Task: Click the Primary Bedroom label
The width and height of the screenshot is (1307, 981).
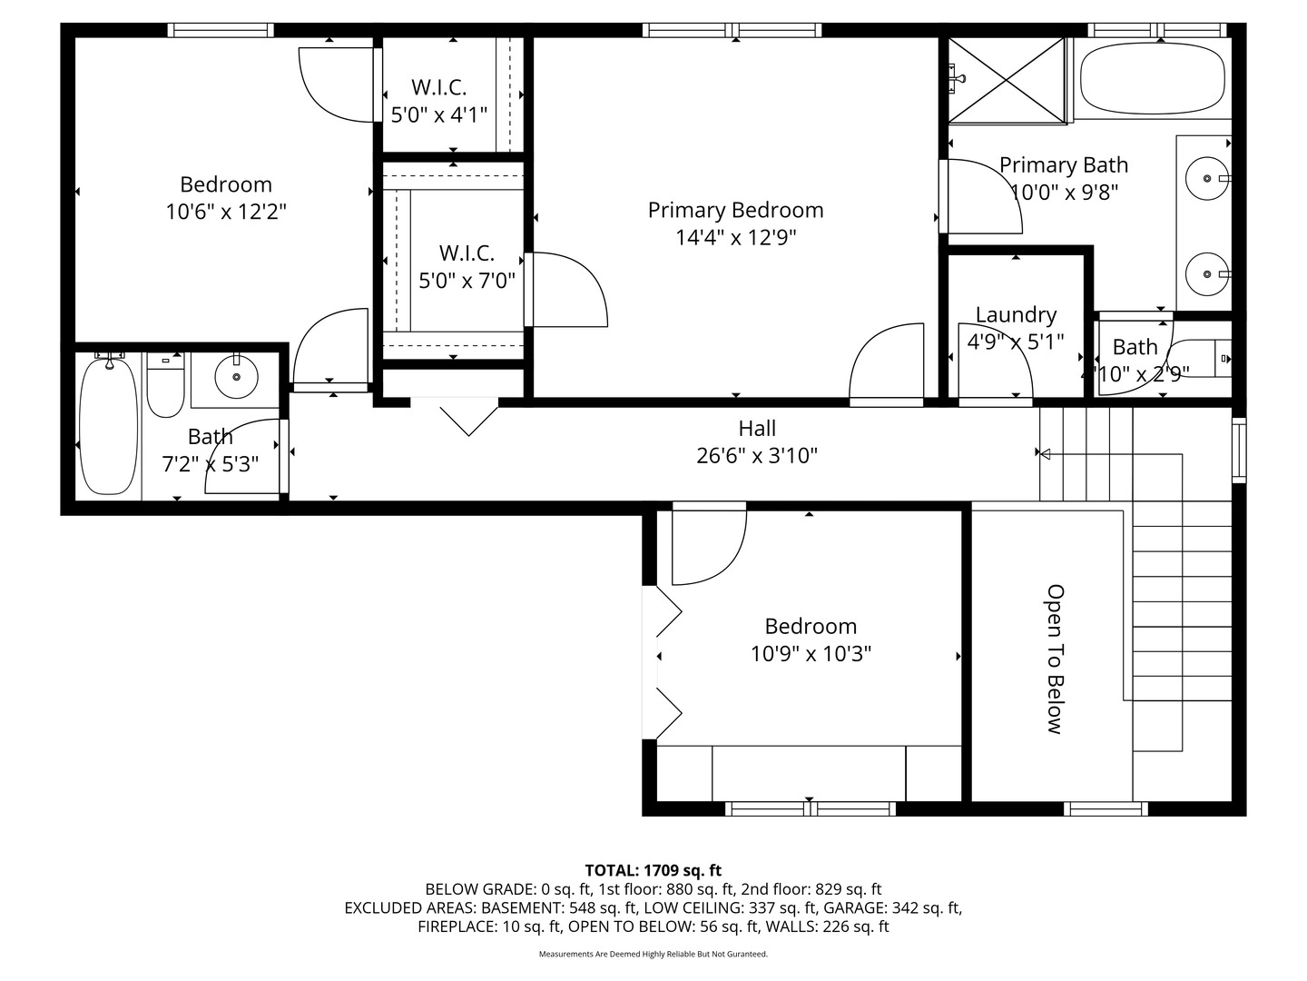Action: [x=735, y=210]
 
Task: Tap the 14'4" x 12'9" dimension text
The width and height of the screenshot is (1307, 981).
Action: [x=735, y=238]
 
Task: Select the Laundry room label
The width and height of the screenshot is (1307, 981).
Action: [x=1016, y=314]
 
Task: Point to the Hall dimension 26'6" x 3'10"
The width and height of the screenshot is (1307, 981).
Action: [x=757, y=456]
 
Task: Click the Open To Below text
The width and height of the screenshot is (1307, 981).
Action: [x=1055, y=659]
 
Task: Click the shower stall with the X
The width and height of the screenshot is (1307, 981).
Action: [x=1006, y=81]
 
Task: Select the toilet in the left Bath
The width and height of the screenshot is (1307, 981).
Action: [x=165, y=384]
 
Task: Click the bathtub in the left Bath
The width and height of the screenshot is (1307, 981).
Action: [x=108, y=424]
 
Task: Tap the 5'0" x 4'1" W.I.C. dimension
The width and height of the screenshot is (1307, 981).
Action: [x=438, y=114]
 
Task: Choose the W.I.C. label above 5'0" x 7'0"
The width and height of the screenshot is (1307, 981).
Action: [x=467, y=253]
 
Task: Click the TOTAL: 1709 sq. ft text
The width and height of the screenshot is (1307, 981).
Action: [x=653, y=870]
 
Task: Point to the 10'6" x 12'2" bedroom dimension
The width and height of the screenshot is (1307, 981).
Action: [x=226, y=212]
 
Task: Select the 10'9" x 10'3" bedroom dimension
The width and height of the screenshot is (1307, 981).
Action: [x=811, y=653]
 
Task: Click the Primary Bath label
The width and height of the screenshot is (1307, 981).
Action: [x=1064, y=165]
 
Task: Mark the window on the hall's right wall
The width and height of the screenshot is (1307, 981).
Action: [x=1239, y=451]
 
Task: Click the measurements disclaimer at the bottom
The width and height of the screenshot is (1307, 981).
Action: [x=653, y=954]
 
